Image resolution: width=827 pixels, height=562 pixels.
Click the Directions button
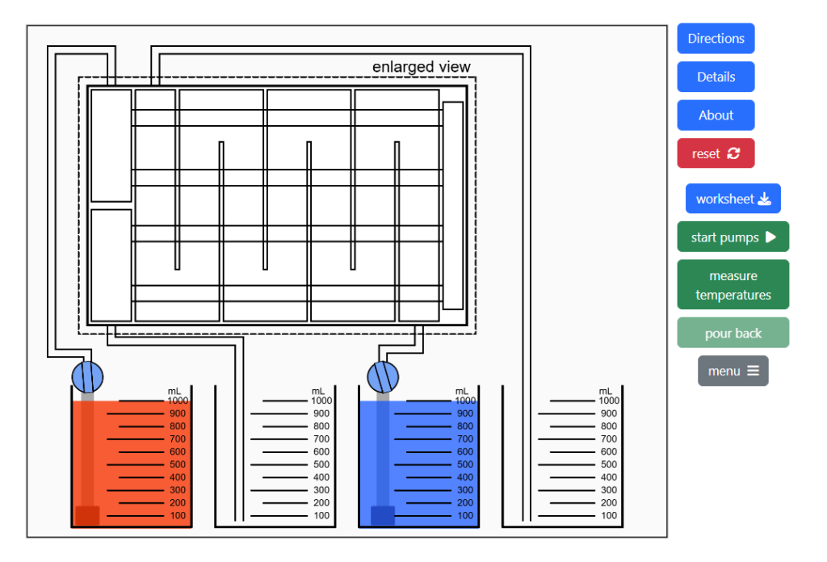point(716,38)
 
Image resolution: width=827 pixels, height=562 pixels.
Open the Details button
point(716,77)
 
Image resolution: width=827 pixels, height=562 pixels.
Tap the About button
point(716,115)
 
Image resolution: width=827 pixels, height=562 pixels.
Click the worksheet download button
point(733,199)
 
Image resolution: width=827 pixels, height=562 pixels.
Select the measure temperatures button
point(733,285)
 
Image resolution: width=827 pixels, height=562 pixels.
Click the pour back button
point(733,333)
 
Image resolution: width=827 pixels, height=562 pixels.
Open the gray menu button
point(733,371)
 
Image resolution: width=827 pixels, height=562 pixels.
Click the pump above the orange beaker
point(88,376)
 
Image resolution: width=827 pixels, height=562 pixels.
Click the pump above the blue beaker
point(384,376)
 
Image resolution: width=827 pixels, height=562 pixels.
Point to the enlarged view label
point(421,67)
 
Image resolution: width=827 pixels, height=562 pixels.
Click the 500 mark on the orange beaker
point(177,465)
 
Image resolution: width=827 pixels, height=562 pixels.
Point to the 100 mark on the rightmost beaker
point(608,516)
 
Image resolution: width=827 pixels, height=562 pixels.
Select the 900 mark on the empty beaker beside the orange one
point(321,413)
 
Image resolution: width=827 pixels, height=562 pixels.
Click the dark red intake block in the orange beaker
point(87,515)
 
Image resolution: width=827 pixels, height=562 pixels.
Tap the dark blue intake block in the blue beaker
point(382,515)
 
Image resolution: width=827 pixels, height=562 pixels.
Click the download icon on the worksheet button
point(764,199)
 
